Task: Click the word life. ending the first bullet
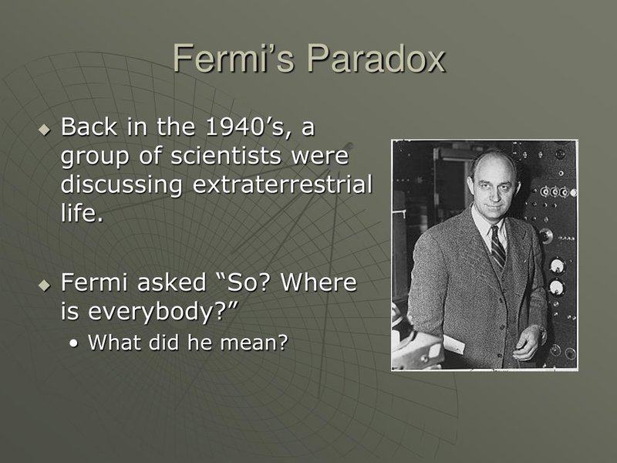pyautogui.click(x=81, y=213)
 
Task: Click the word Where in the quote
pyautogui.click(x=319, y=284)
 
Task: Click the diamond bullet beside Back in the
pyautogui.click(x=44, y=126)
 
